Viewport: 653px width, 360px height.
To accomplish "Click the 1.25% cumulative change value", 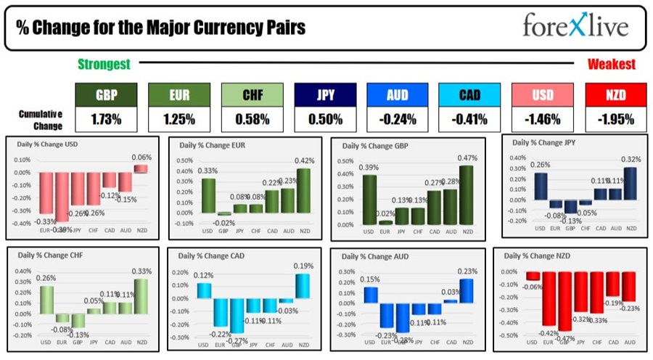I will click(x=179, y=118).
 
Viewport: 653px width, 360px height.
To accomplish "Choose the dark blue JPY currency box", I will click(x=325, y=95).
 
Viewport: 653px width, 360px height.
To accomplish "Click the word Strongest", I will click(x=104, y=65).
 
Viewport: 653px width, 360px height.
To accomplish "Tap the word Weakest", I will click(x=611, y=65).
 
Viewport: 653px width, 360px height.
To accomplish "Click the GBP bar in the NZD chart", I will click(x=567, y=300).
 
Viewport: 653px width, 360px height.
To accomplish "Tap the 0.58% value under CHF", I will click(x=252, y=118).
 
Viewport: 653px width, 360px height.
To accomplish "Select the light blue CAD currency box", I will click(x=470, y=95).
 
